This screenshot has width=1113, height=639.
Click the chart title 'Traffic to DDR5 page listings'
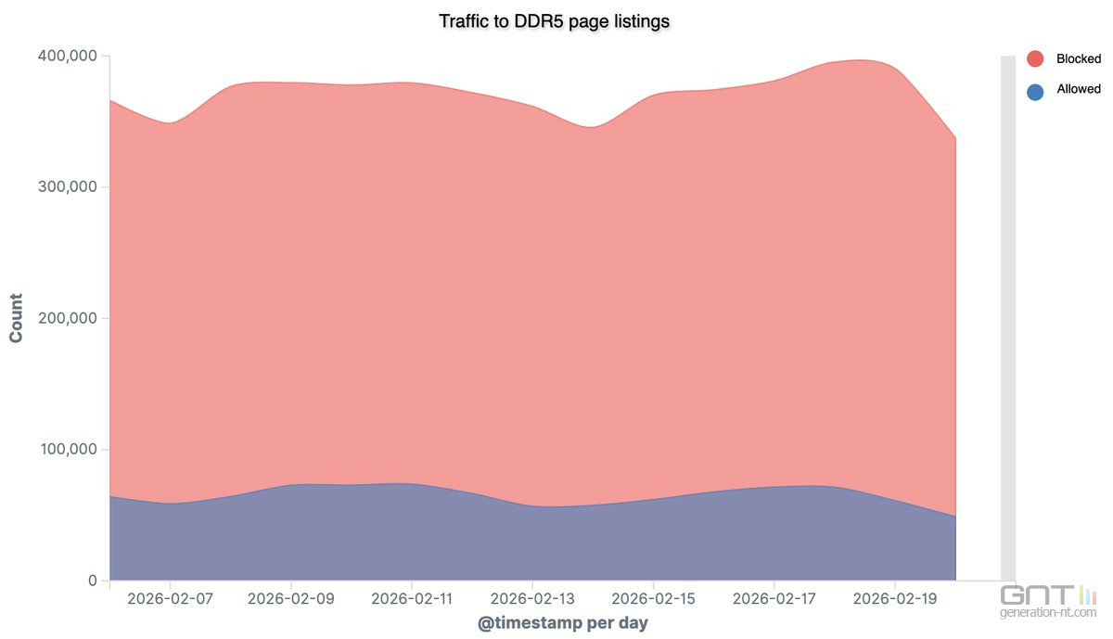pyautogui.click(x=554, y=20)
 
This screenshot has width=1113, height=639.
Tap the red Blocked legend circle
pyautogui.click(x=1035, y=59)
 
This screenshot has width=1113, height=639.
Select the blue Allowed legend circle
pyautogui.click(x=1035, y=91)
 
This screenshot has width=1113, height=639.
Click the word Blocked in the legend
pyautogui.click(x=1078, y=59)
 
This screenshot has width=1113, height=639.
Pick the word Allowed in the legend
pyautogui.click(x=1078, y=90)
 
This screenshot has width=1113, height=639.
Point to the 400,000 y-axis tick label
pyautogui.click(x=67, y=56)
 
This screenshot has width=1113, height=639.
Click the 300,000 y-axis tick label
pyautogui.click(x=67, y=187)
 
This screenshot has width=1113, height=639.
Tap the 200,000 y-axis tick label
pyautogui.click(x=67, y=318)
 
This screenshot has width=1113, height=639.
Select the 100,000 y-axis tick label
pyautogui.click(x=67, y=450)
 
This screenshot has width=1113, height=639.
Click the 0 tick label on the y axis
pyautogui.click(x=93, y=581)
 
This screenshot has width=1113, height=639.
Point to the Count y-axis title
pyautogui.click(x=17, y=318)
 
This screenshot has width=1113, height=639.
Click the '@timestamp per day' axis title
pyautogui.click(x=562, y=623)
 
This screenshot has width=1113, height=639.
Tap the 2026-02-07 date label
pyautogui.click(x=171, y=600)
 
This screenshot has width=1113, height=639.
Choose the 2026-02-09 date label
pyautogui.click(x=291, y=600)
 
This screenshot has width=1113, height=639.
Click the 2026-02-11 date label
pyautogui.click(x=412, y=600)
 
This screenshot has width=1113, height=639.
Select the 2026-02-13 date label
pyautogui.click(x=532, y=600)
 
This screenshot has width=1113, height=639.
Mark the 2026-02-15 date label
pyautogui.click(x=653, y=600)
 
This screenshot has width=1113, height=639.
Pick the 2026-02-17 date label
pyautogui.click(x=774, y=600)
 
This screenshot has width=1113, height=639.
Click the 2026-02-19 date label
pyautogui.click(x=894, y=600)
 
